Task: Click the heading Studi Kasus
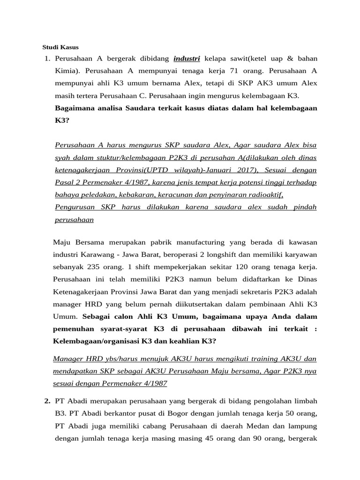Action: [x=60, y=47]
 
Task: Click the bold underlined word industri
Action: [x=187, y=59]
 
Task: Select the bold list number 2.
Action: [x=47, y=401]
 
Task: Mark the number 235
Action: [x=90, y=267]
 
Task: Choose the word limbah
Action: [x=306, y=401]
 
